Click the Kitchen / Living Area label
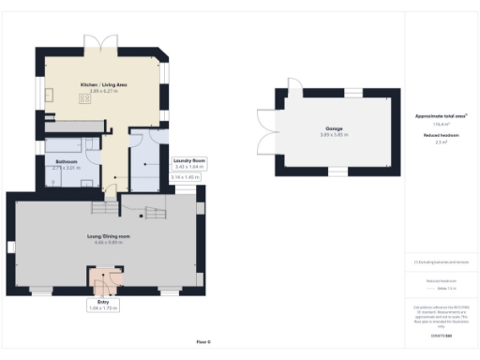(x=103, y=84)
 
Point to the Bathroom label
(x=66, y=161)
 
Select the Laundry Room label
(x=188, y=160)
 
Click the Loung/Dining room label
(x=108, y=236)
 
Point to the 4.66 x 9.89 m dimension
(x=108, y=243)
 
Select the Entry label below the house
(x=105, y=302)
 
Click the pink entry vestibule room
(x=105, y=278)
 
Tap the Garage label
(x=335, y=127)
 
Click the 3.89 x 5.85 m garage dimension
(x=335, y=134)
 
